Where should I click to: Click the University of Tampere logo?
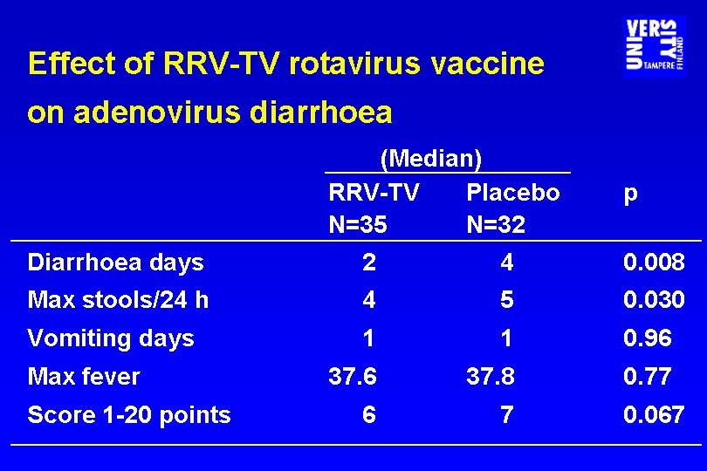point(655,46)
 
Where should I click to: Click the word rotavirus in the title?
point(354,63)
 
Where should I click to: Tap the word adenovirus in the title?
point(157,112)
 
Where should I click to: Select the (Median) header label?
point(431,159)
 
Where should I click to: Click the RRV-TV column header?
point(374,193)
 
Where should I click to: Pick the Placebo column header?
point(513,193)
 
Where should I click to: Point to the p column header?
point(631,195)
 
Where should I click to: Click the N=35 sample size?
point(358,224)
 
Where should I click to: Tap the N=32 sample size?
point(496,224)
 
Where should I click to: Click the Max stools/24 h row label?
point(118,300)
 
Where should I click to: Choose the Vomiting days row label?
point(111,339)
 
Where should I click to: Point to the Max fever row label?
point(84,376)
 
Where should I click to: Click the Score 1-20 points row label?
point(129,415)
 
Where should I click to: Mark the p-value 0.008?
point(654,262)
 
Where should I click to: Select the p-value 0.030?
point(654,300)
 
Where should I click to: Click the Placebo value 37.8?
point(491,376)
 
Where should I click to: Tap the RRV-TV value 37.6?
point(353,376)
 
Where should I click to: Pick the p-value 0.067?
point(654,414)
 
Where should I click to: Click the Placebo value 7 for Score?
point(507,414)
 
